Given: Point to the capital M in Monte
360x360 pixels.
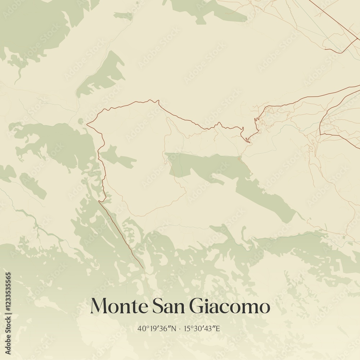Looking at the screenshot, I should pos(98,306).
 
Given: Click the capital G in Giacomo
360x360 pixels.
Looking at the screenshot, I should pos(197,306).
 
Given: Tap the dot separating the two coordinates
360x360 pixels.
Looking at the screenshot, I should pos(180,328).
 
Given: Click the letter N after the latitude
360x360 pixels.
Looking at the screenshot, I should pos(174,328).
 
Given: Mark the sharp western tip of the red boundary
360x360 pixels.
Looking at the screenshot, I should pos(87,125).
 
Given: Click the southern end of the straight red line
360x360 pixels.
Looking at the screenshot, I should pos(143,268).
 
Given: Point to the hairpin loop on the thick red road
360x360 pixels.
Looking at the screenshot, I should pos(247,140).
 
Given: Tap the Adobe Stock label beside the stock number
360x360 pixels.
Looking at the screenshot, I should pos(9,337).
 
